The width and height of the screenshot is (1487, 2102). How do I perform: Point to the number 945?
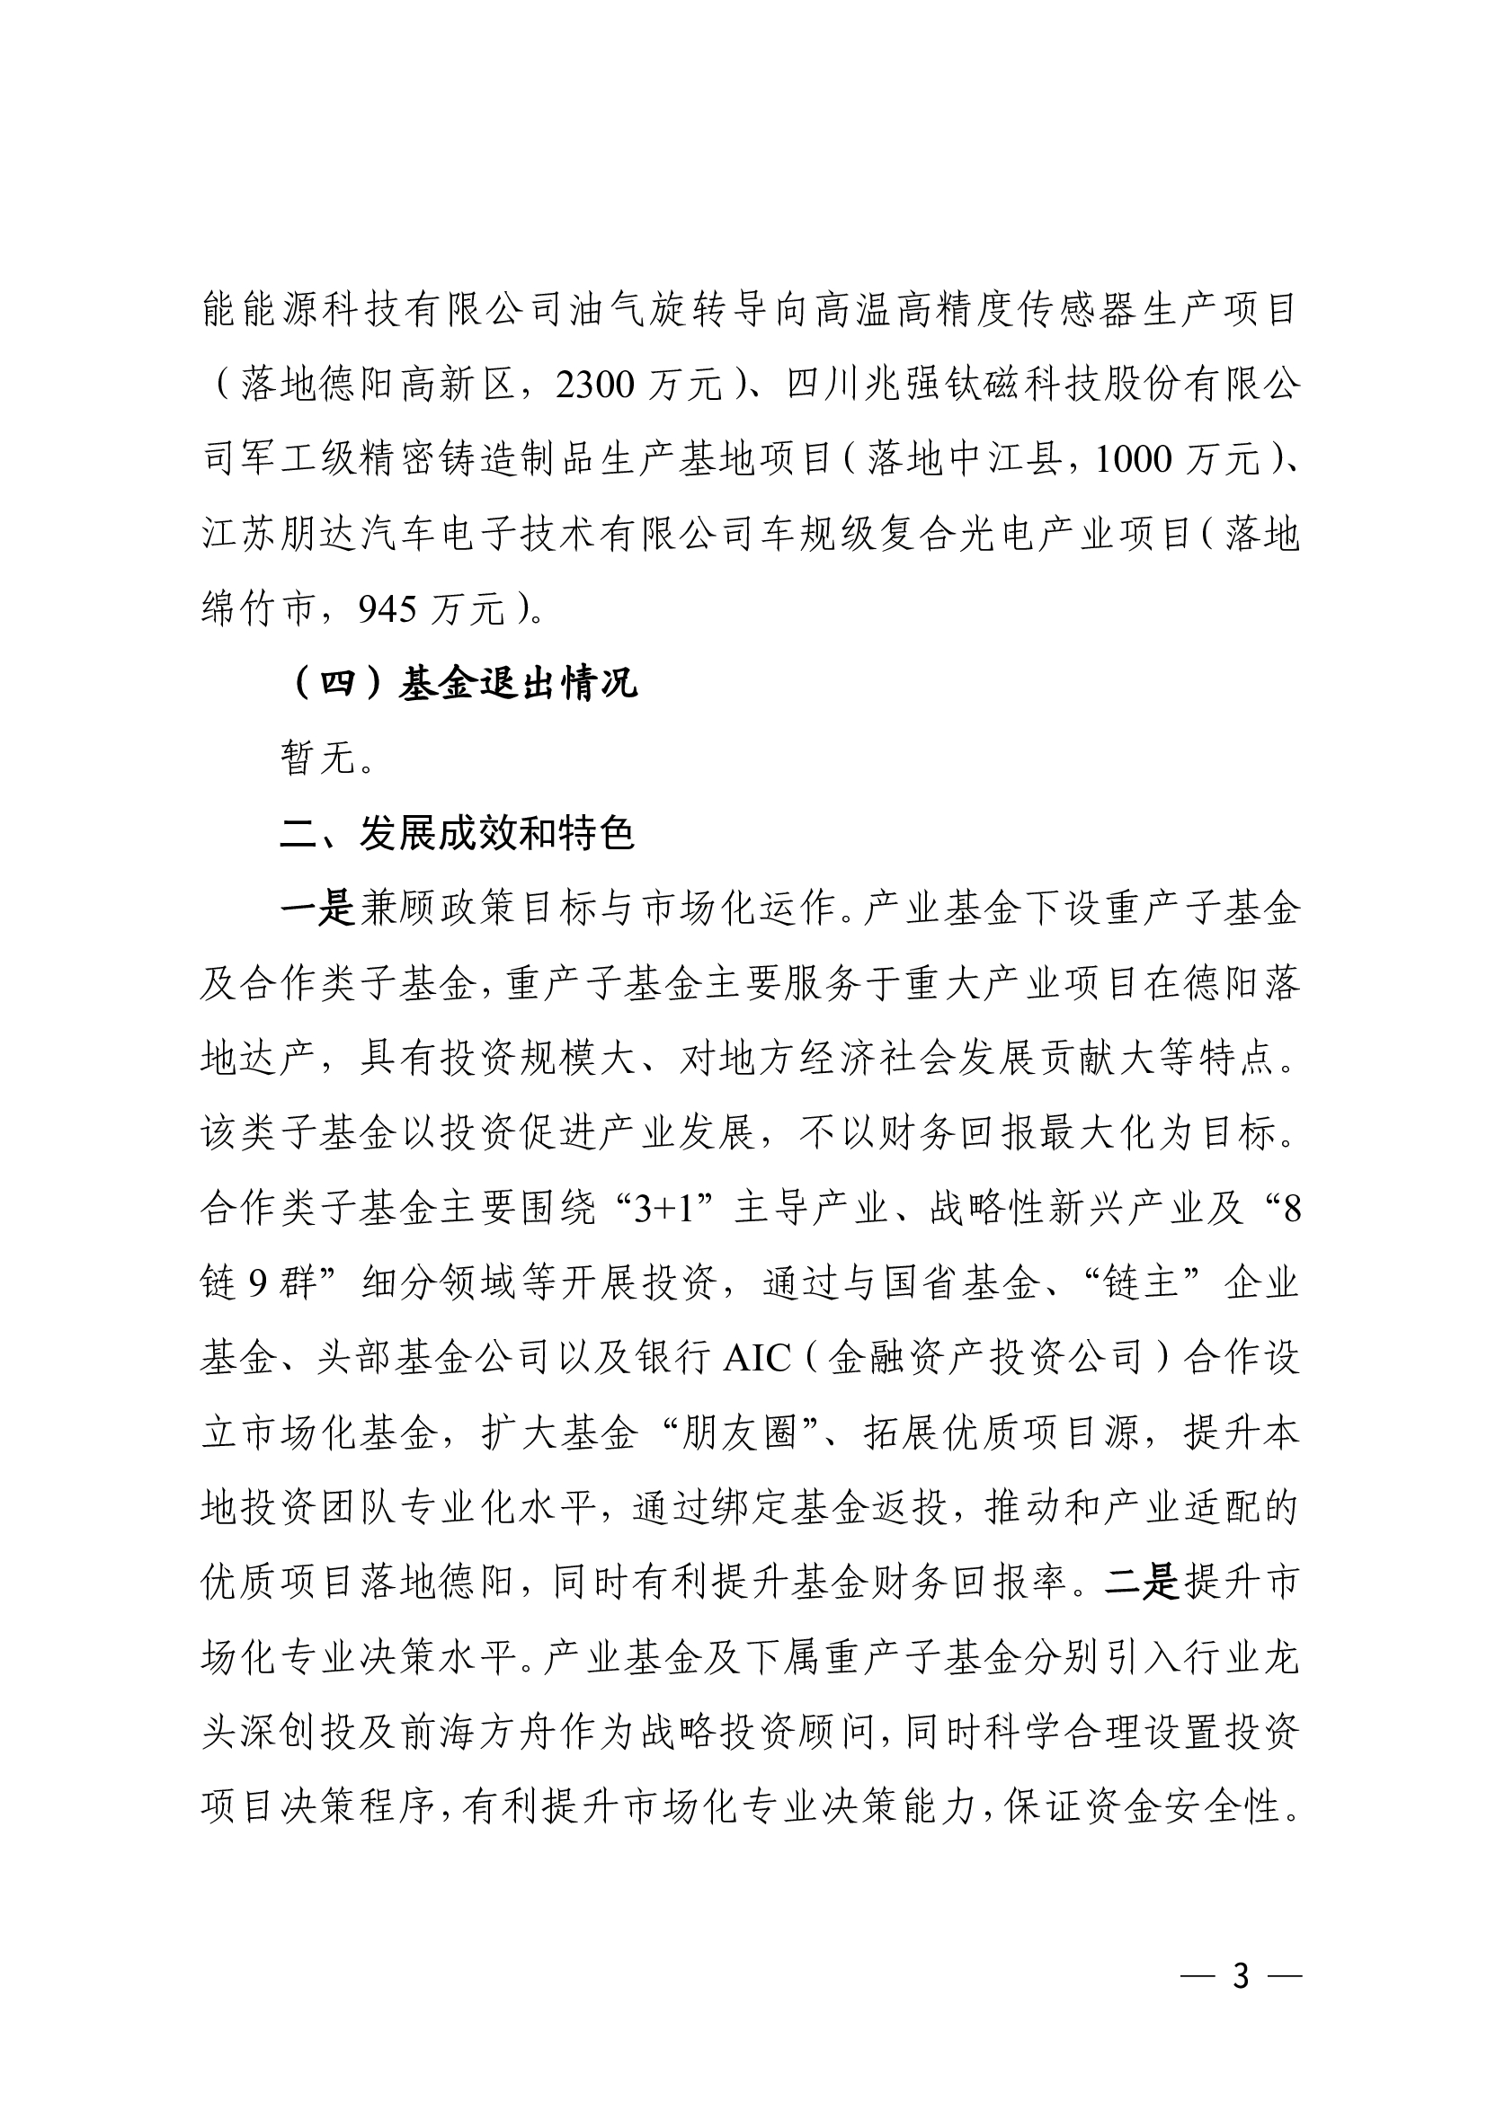387,608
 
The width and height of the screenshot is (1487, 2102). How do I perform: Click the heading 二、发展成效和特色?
457,833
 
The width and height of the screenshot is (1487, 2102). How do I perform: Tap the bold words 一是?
316,909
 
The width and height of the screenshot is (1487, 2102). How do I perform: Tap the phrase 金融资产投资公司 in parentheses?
985,1358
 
